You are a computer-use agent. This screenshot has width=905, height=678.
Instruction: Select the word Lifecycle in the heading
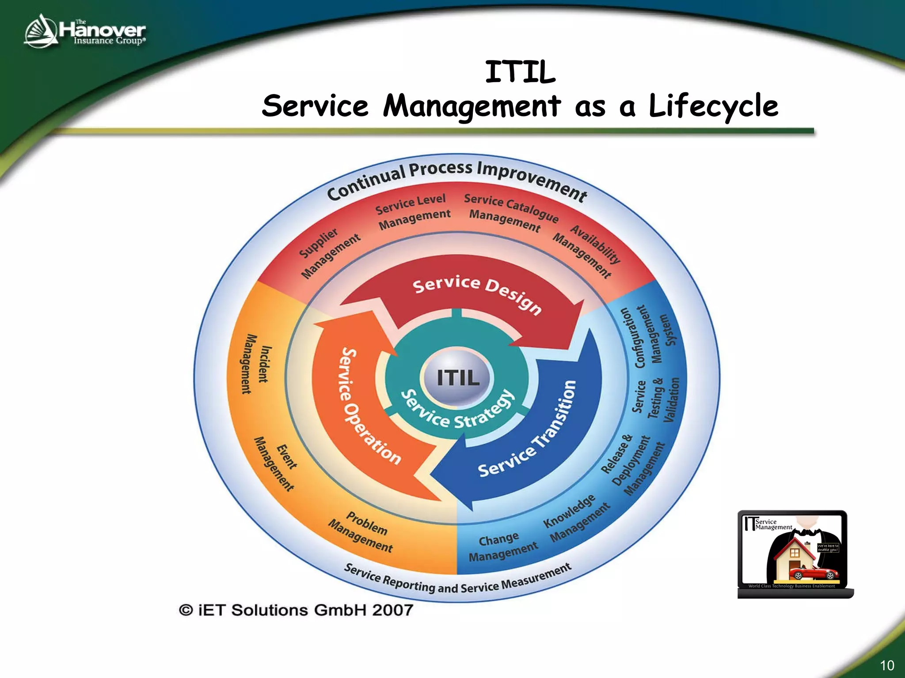point(713,106)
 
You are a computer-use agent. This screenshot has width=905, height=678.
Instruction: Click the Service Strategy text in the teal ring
point(457,411)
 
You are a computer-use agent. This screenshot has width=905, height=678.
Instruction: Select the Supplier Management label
point(329,254)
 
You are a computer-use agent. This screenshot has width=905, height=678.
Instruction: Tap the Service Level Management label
point(413,212)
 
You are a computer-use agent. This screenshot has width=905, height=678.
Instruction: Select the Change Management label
point(502,547)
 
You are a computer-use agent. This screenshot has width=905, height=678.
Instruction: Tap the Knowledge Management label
point(574,519)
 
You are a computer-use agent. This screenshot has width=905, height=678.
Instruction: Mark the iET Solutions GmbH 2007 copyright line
point(296,610)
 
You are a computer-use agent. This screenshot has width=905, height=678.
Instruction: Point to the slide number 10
point(886,665)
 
